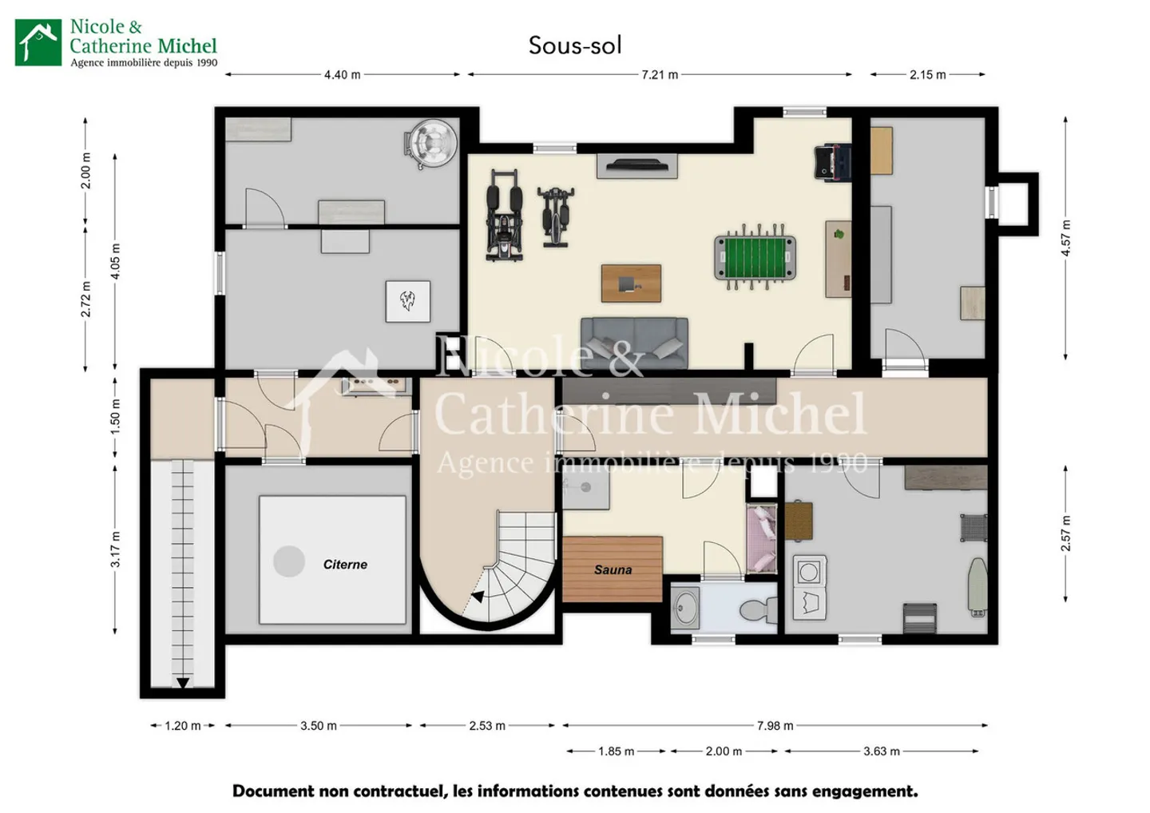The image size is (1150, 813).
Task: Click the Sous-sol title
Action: (x=575, y=46)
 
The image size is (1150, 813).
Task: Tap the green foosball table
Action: (x=755, y=256)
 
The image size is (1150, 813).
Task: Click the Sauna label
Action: (x=613, y=569)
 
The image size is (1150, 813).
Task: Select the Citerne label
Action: (x=345, y=565)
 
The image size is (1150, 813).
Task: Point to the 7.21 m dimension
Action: (x=660, y=75)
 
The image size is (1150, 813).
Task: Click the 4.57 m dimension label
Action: (x=1066, y=238)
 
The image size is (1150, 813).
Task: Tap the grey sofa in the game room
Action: (x=634, y=343)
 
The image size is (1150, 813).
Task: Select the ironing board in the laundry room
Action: (x=978, y=587)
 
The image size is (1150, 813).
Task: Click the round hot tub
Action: (x=430, y=145)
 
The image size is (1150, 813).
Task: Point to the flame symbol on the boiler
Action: (x=407, y=301)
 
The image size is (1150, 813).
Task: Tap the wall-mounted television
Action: (x=636, y=165)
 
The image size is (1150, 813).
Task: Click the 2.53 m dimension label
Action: (x=487, y=726)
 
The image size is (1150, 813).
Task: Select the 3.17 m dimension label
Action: (x=116, y=549)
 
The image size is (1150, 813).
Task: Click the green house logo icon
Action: (x=38, y=42)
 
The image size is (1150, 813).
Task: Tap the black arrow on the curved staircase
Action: (x=478, y=597)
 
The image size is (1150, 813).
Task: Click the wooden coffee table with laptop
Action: (x=631, y=284)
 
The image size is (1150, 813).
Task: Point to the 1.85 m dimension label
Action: (x=616, y=752)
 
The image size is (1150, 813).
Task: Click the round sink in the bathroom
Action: (x=685, y=609)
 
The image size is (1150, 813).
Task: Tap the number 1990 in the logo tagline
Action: (x=206, y=63)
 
